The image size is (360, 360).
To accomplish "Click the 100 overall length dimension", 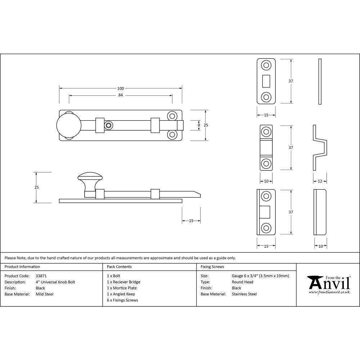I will (x=120, y=89).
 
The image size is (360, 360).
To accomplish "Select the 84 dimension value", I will (x=120, y=95).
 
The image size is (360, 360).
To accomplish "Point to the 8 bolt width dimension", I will (x=199, y=125).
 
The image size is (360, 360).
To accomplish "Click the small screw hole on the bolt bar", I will (x=108, y=125).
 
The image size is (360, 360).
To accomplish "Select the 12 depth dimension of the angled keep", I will (x=320, y=181).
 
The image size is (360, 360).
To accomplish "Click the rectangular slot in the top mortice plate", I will (x=266, y=81).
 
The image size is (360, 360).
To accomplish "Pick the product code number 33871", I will (x=41, y=276).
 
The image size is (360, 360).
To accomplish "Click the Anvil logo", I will (x=329, y=283).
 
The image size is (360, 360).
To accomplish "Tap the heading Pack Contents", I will (x=119, y=267).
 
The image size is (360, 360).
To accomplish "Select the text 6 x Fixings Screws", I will (x=122, y=300).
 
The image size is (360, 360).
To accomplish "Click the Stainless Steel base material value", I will (x=244, y=294).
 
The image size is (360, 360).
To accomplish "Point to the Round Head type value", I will (x=242, y=282).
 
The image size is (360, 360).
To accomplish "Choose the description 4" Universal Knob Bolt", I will (x=55, y=282).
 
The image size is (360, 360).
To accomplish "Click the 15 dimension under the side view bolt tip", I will (x=191, y=221).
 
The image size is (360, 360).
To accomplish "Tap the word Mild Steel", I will (x=45, y=294).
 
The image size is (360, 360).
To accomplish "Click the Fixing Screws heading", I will (x=212, y=267).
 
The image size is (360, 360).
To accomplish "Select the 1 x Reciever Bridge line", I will (x=123, y=282).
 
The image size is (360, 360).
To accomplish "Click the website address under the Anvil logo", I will (x=329, y=292).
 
